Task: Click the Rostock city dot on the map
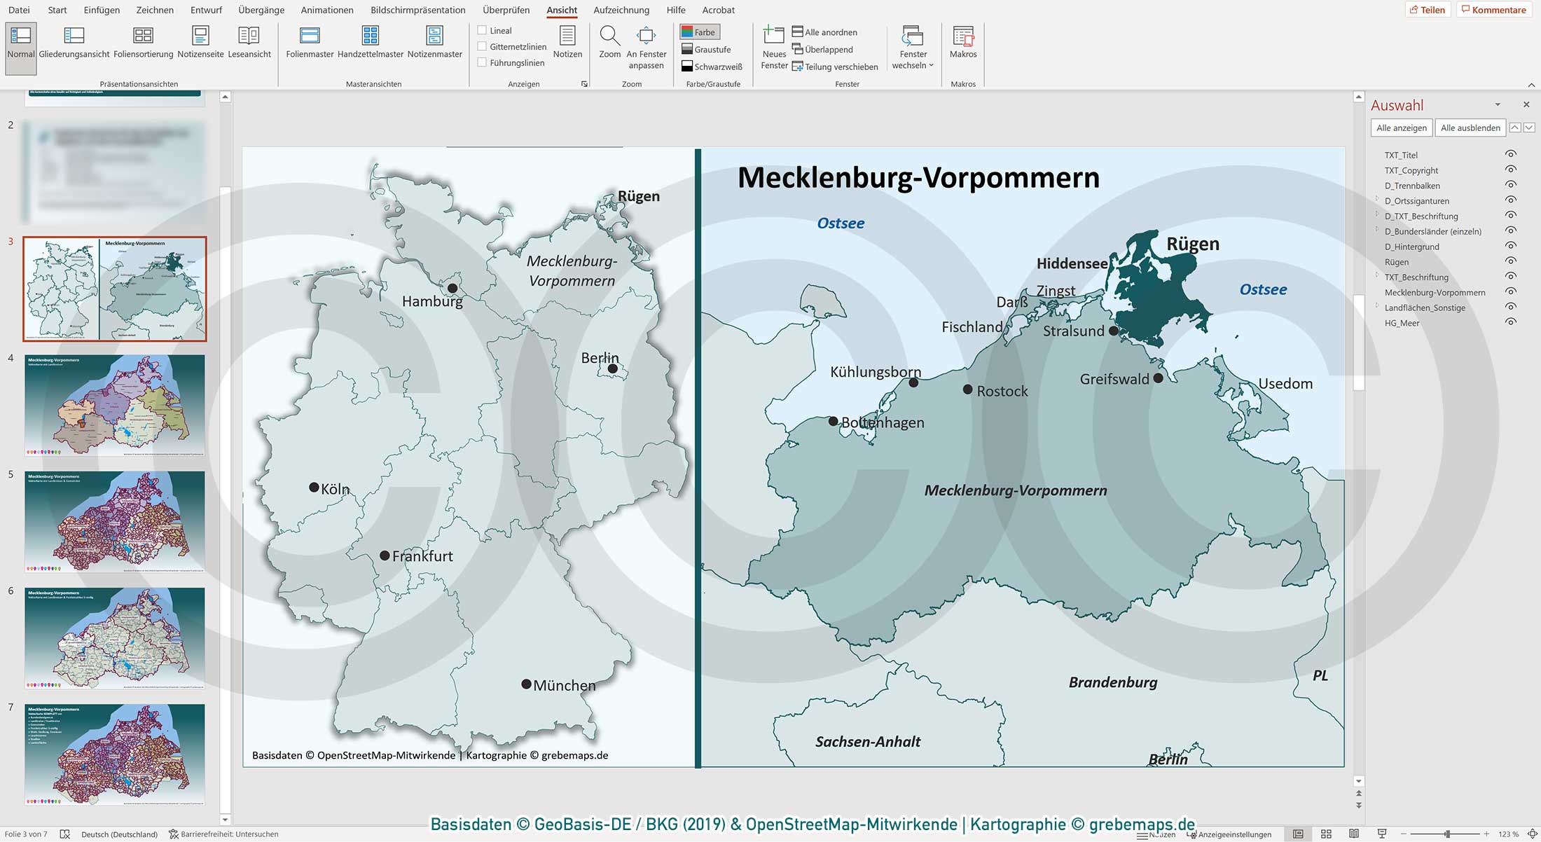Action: click(x=967, y=389)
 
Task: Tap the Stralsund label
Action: click(x=1073, y=331)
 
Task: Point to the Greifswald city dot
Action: click(x=1158, y=378)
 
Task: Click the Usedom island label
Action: click(x=1285, y=384)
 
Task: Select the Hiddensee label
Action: click(x=1072, y=264)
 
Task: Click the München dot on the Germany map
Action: click(x=526, y=684)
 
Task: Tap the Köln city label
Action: click(x=335, y=490)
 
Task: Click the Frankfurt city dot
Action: click(x=385, y=555)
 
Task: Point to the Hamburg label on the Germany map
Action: click(x=432, y=302)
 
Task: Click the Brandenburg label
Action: click(x=1112, y=682)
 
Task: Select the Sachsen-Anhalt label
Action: click(x=868, y=742)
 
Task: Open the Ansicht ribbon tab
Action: click(x=562, y=10)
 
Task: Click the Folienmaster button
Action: click(x=310, y=42)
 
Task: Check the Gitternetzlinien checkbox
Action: click(x=482, y=46)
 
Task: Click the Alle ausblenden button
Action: click(x=1470, y=127)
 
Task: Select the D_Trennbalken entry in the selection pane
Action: click(x=1411, y=186)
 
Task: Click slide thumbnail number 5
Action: click(x=115, y=522)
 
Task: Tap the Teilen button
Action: click(x=1428, y=10)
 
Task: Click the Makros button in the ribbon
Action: click(x=962, y=42)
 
